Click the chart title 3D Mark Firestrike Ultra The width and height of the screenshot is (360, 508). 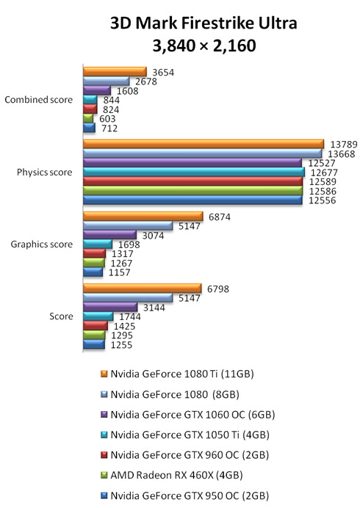coord(204,23)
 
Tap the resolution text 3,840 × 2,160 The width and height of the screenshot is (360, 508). coord(204,46)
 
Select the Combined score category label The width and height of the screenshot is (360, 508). coord(39,99)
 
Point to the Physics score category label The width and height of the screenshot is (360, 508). coord(44,172)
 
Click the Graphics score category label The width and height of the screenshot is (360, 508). coord(42,244)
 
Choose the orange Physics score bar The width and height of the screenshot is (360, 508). coord(204,144)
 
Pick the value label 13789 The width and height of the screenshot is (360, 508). coord(343,145)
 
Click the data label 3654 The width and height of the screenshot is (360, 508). coord(163,72)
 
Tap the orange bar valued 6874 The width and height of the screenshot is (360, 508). coord(143,216)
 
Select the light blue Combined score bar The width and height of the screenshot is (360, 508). coord(106,81)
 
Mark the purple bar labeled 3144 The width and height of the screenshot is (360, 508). coord(110,307)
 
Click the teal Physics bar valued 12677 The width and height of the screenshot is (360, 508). coord(194,172)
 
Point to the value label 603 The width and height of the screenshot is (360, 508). coord(107,119)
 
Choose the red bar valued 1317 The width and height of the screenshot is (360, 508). coord(94,253)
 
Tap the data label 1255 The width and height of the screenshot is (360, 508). coord(121,345)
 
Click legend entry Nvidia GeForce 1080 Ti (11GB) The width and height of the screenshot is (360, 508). coord(177,374)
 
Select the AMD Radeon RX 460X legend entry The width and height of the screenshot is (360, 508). coord(172,475)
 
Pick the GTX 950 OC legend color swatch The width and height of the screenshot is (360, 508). coord(104,496)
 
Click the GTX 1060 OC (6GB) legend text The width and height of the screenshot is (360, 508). coord(192,415)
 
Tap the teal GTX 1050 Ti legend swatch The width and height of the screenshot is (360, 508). coord(104,435)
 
